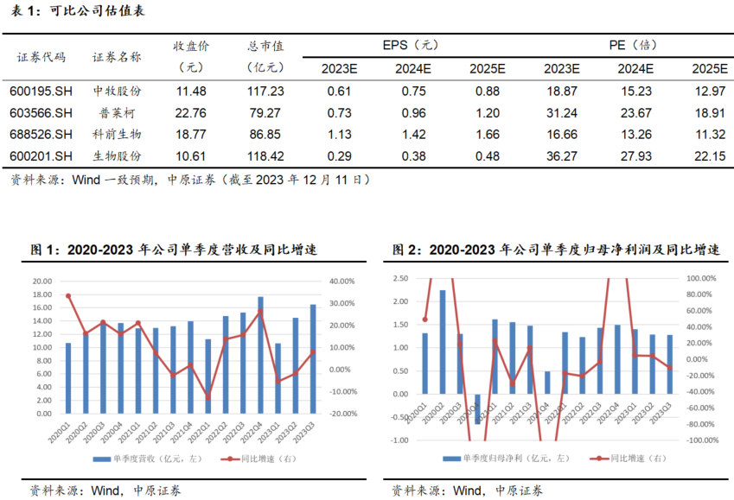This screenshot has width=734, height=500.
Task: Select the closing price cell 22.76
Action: (x=190, y=112)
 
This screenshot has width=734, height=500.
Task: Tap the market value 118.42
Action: (x=265, y=155)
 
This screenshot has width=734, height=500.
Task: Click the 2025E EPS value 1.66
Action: (x=487, y=134)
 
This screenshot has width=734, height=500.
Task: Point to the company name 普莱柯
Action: (x=118, y=112)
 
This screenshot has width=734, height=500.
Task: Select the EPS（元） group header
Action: (x=412, y=45)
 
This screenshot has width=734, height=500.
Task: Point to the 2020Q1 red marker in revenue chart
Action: (x=68, y=296)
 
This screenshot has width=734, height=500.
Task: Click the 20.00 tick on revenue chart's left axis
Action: (x=42, y=282)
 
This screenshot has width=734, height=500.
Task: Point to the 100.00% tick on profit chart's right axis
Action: (x=701, y=279)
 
